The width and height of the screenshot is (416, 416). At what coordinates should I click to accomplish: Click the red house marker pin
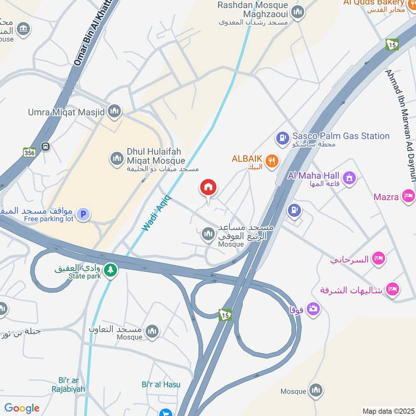pyautogui.click(x=209, y=188)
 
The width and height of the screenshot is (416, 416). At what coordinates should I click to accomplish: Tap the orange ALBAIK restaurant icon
pyautogui.click(x=271, y=161)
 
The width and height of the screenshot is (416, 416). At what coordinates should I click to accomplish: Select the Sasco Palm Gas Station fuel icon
pyautogui.click(x=282, y=138)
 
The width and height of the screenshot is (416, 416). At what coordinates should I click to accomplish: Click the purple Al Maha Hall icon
pyautogui.click(x=349, y=178)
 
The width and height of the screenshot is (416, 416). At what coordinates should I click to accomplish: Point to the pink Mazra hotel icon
pyautogui.click(x=409, y=196)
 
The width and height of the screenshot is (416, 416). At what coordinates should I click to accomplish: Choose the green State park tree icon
pyautogui.click(x=110, y=270)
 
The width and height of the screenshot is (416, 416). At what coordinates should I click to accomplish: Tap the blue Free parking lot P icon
pyautogui.click(x=83, y=214)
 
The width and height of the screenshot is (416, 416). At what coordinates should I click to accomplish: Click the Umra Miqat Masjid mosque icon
pyautogui.click(x=115, y=111)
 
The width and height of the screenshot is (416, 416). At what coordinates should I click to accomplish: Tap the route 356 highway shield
pyautogui.click(x=30, y=152)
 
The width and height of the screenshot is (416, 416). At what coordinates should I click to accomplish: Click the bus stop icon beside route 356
pyautogui.click(x=46, y=147)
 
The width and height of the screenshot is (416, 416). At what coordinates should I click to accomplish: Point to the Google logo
pyautogui.click(x=22, y=408)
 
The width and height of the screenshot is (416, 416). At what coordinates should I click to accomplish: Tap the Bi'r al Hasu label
pyautogui.click(x=161, y=384)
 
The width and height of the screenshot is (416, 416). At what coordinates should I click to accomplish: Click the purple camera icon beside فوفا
pyautogui.click(x=314, y=309)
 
